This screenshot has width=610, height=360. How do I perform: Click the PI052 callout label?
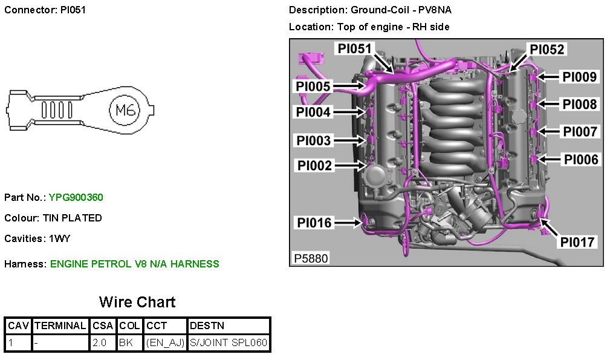pos(547,49)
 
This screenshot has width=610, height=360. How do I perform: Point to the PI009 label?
pos(579,77)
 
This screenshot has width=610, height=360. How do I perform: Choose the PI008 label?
pos(579,104)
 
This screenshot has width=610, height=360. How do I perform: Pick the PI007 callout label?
pos(579,131)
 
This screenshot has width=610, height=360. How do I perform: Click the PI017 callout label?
pos(578,242)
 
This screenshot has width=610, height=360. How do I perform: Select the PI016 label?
pos(314,223)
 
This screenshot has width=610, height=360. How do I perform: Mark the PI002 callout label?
pos(314,165)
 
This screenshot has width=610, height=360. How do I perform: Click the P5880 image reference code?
pos(311,258)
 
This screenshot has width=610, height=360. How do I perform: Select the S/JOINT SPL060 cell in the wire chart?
pos(228,343)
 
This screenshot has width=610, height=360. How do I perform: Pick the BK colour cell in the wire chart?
pos(126,343)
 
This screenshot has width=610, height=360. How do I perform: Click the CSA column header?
pos(102,326)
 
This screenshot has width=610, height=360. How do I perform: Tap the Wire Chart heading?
pos(137,302)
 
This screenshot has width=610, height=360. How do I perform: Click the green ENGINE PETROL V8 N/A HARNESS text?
pos(134,264)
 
